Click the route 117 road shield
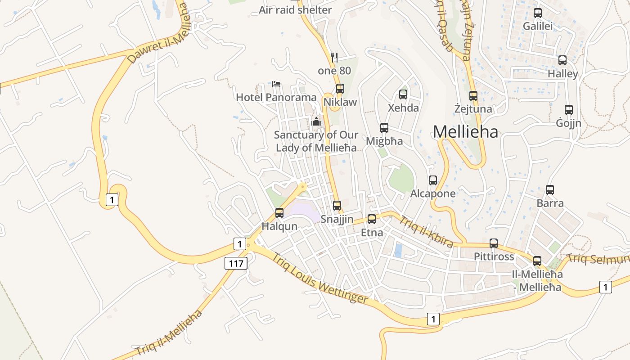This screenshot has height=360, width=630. (x=236, y=263)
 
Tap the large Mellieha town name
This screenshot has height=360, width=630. (x=465, y=132)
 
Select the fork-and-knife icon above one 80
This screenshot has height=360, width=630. (x=334, y=57)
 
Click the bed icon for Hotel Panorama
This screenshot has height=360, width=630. (x=276, y=84)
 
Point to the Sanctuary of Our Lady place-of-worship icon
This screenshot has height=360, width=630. (x=316, y=121)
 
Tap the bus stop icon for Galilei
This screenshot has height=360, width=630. (x=537, y=13)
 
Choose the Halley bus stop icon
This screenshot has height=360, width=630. (x=562, y=60)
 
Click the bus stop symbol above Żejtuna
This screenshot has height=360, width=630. (x=473, y=95)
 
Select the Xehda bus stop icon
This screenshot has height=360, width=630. (x=403, y=94)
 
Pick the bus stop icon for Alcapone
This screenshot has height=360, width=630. (x=432, y=180)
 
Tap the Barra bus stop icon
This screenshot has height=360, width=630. (x=549, y=189)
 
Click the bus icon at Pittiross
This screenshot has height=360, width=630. (x=494, y=243)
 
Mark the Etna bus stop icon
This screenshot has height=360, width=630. (x=372, y=219)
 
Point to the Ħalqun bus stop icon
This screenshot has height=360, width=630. (x=279, y=213)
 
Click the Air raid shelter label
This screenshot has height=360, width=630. (x=295, y=10)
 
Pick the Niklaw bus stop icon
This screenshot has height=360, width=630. (x=340, y=89)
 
